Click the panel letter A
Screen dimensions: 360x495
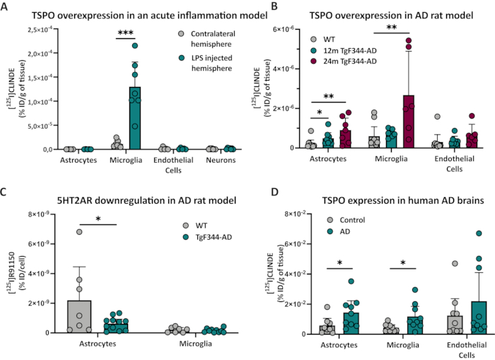click(6, 6)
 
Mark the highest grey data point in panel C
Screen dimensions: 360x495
click(101, 231)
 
